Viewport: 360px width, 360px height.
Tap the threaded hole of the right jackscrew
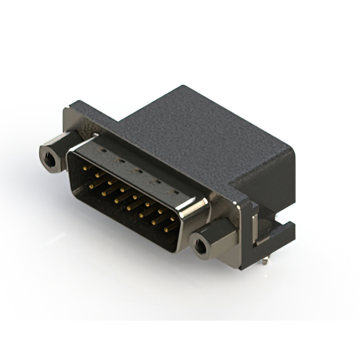(200, 245)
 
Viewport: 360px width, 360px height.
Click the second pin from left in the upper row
(97, 175)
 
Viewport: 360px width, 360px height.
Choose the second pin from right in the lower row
(154, 223)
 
